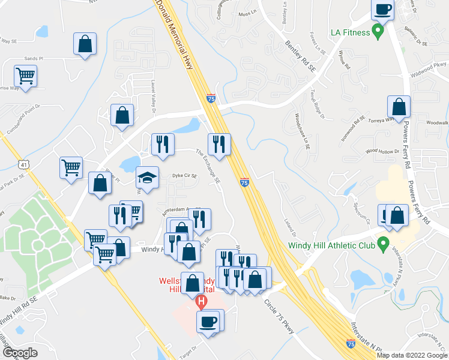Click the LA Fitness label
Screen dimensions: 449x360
348,32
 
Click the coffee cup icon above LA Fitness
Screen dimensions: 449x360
382,10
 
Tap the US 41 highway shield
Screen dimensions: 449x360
22,164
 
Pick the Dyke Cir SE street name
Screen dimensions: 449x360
185,176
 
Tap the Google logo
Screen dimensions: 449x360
20,352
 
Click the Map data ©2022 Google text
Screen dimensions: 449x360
411,355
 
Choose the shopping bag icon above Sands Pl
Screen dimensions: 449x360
85,44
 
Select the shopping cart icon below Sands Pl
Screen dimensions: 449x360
26,76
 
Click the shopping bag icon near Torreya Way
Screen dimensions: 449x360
399,107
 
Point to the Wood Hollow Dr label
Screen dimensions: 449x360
382,152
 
